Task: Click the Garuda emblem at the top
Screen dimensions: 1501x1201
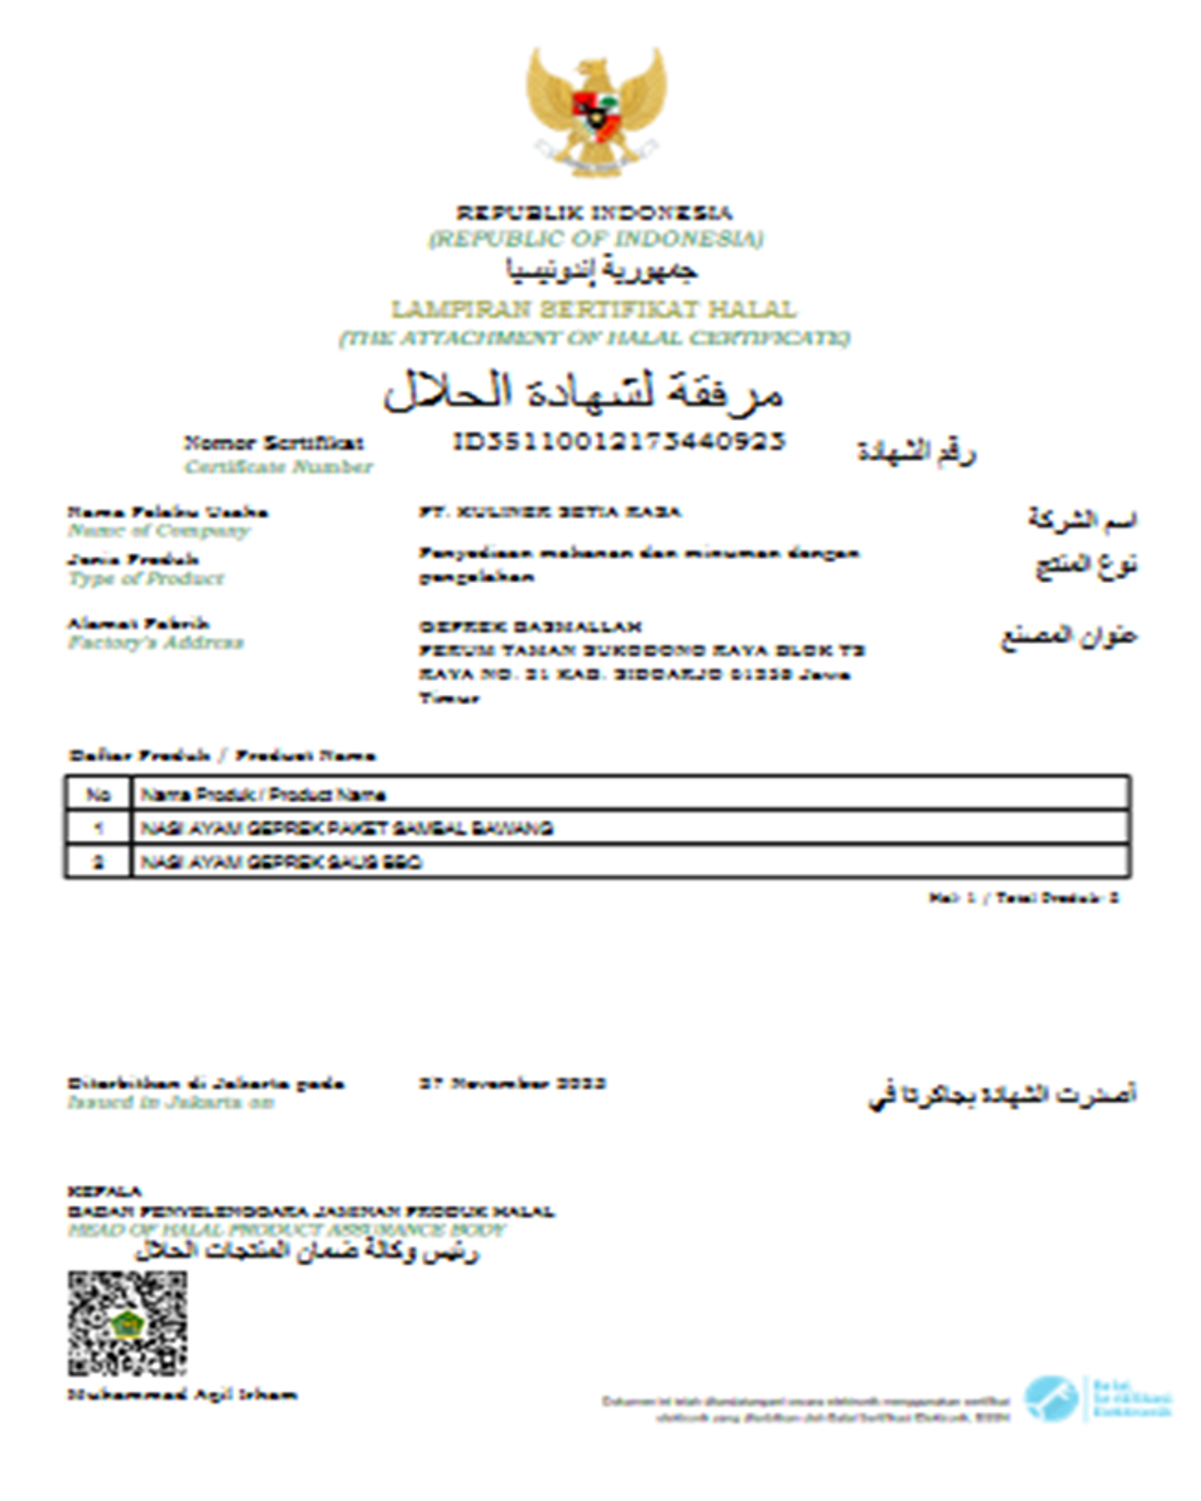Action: [x=596, y=111]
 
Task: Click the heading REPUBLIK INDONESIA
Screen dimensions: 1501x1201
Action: [x=594, y=212]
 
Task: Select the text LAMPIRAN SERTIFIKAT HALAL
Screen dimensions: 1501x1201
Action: [x=593, y=308]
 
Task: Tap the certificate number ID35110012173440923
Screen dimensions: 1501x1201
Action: [x=619, y=441]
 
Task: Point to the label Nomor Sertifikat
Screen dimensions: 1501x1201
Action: [x=274, y=443]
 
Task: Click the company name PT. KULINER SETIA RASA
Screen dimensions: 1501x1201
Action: [x=549, y=512]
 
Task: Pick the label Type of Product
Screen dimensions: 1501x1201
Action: [x=146, y=578]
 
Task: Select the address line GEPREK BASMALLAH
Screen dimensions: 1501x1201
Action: [x=530, y=626]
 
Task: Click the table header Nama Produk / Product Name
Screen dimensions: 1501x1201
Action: [x=263, y=794]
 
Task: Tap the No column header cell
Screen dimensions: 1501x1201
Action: [x=97, y=794]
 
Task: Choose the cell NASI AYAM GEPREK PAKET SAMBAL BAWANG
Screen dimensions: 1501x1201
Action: [x=347, y=829]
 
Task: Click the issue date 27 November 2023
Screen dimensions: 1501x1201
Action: [x=512, y=1083]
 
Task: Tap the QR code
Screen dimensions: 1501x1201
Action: [x=127, y=1323]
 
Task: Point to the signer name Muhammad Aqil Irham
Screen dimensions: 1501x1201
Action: [x=182, y=1394]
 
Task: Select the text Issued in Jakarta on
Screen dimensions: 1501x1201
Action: [x=170, y=1102]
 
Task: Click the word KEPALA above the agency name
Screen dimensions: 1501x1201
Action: [x=104, y=1191]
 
